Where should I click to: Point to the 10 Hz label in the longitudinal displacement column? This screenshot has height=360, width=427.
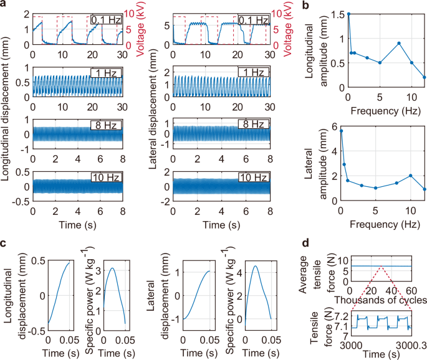coord(106,178)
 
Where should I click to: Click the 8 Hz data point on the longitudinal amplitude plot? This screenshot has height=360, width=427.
coord(398,43)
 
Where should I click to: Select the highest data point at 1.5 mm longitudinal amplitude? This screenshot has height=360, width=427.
coord(348,13)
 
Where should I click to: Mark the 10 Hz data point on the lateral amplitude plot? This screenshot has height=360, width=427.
coord(411,176)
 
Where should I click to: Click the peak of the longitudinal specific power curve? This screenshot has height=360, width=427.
coord(112,268)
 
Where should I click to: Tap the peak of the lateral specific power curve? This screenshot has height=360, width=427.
coord(255,267)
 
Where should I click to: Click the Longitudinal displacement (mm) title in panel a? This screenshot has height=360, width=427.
coord(7,118)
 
